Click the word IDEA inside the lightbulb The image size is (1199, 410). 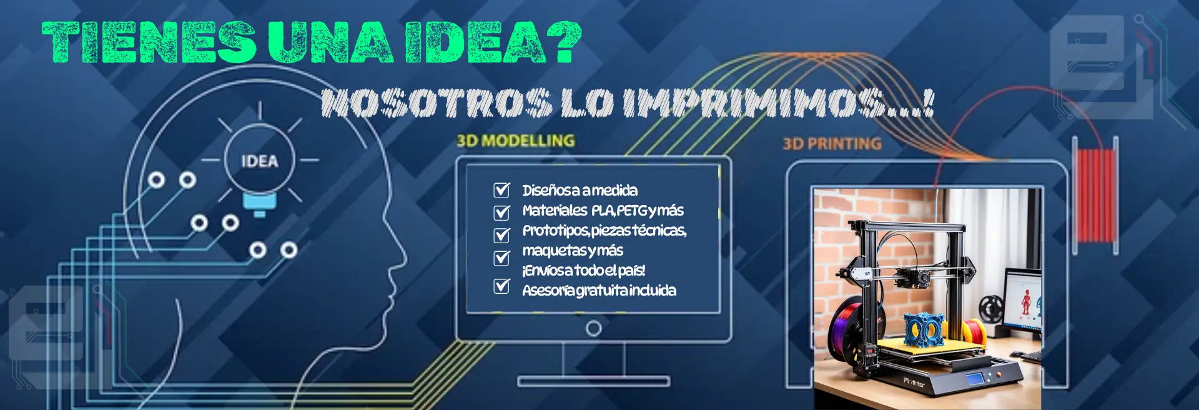point(260,161)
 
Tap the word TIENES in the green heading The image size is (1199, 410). point(149,42)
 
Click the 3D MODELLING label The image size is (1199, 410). point(516,141)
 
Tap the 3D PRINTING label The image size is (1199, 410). point(832,144)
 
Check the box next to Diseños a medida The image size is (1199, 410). point(502,189)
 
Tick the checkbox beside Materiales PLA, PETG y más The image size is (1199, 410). point(502,212)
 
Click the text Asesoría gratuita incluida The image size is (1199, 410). point(599,291)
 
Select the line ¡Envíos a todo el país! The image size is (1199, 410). point(584,271)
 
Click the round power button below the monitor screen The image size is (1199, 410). point(594,328)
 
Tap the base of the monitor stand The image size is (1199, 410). point(593,381)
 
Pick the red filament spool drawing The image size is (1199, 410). point(1095,195)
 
